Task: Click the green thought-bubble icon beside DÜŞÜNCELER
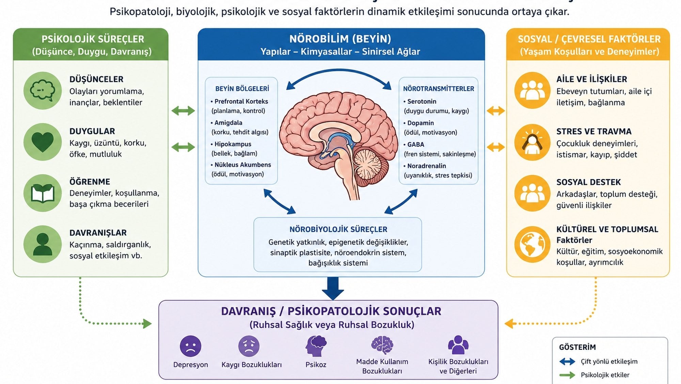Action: tap(43, 90)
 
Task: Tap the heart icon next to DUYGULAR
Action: tap(43, 142)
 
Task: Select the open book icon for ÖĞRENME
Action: tap(43, 193)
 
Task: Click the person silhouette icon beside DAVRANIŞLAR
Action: tap(43, 244)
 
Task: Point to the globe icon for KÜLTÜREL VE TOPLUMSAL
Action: tap(532, 244)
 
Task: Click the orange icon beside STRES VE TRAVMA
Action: tap(532, 142)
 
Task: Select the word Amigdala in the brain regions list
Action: tap(228, 123)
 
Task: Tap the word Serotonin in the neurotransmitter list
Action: tap(422, 101)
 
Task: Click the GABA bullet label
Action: tap(415, 145)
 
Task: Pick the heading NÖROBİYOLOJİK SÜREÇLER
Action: tap(338, 229)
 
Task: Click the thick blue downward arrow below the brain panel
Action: tap(333, 288)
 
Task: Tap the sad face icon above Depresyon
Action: tap(190, 346)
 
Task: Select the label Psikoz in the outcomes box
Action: tap(316, 365)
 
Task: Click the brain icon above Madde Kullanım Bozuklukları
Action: tap(382, 345)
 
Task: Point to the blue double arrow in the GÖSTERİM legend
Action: tap(567, 362)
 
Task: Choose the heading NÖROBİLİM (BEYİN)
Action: tap(340, 39)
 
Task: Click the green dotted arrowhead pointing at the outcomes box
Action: tap(147, 323)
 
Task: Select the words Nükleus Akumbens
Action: tap(242, 165)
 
